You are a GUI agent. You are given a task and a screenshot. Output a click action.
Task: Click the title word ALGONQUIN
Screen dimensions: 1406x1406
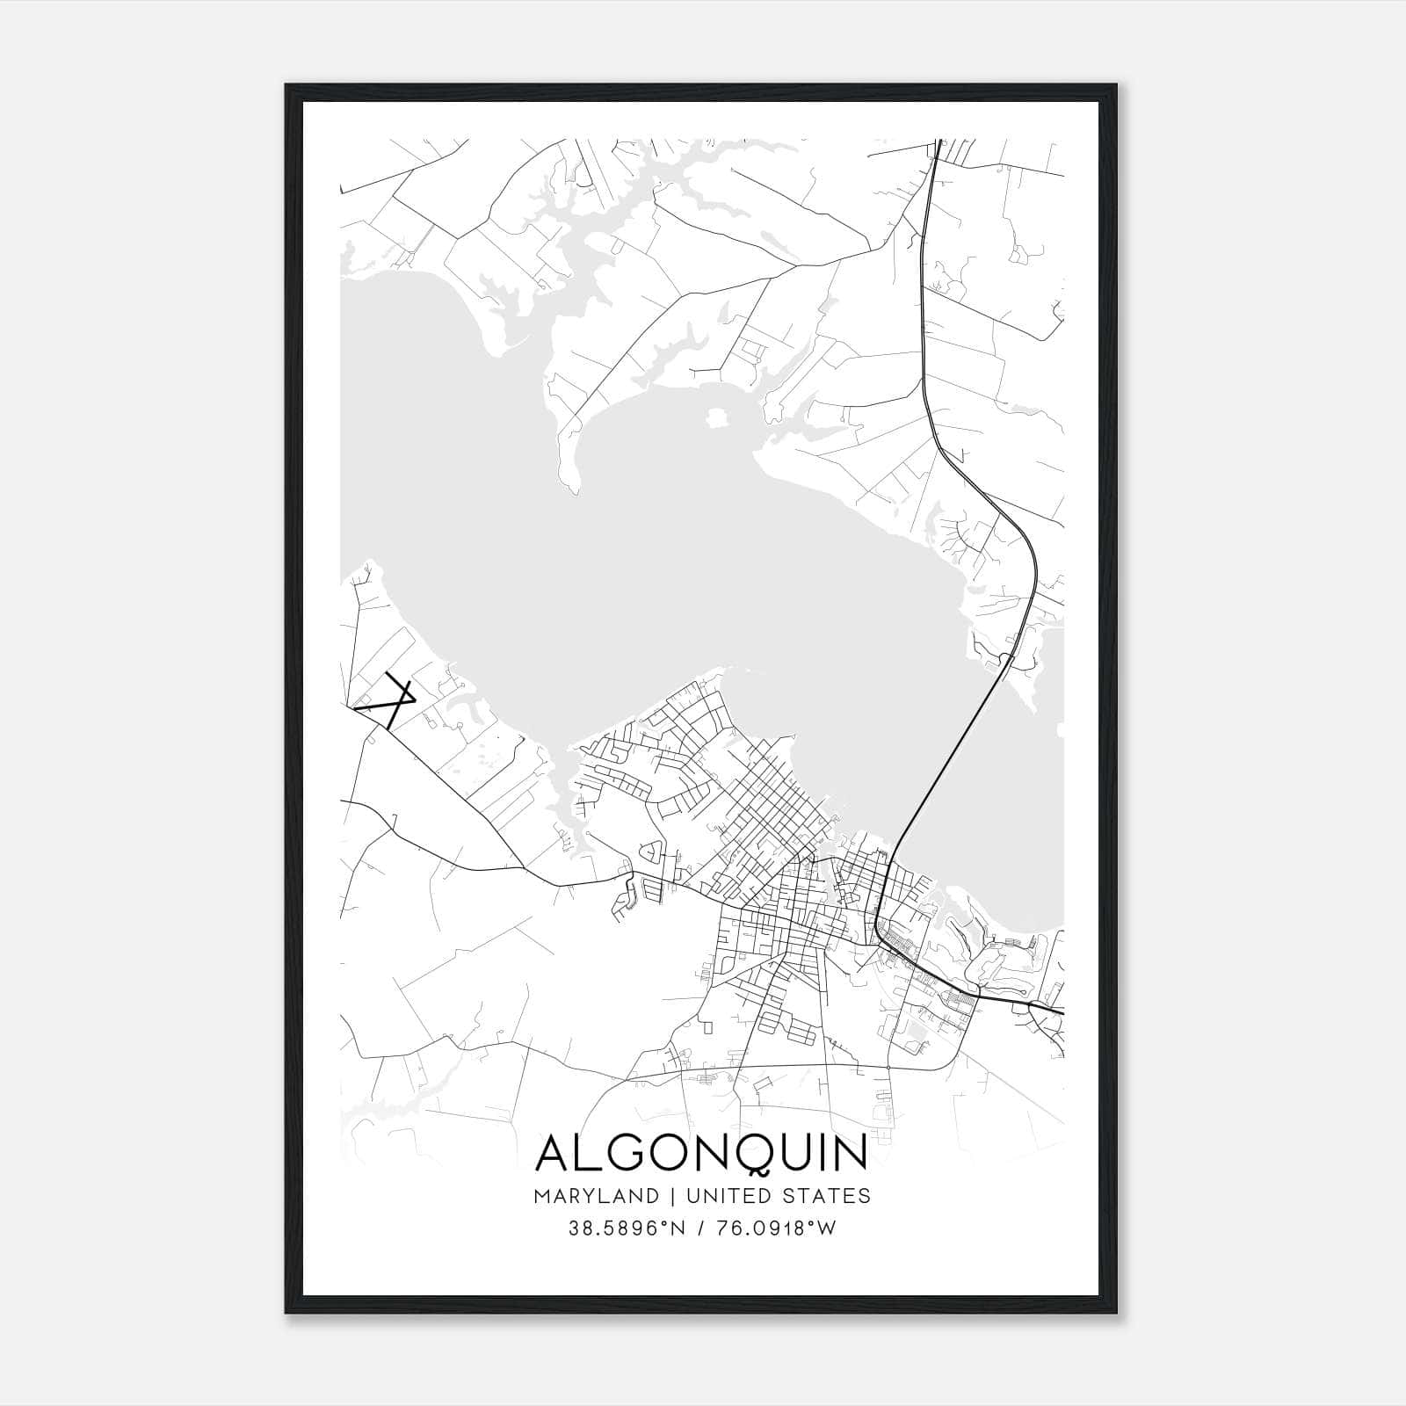click(x=701, y=1153)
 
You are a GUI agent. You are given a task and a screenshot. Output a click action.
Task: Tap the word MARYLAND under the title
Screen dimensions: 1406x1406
click(x=596, y=1196)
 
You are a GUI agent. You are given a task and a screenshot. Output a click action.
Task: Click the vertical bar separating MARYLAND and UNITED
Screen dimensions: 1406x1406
click(x=672, y=1196)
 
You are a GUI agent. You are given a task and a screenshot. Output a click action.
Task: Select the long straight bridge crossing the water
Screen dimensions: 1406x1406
click(x=949, y=756)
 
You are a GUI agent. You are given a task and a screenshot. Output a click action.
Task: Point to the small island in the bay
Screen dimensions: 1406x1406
click(x=718, y=416)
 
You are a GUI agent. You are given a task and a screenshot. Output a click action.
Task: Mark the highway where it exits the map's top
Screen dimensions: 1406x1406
click(x=938, y=142)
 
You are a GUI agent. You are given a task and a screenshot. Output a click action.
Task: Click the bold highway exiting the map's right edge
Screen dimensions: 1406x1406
click(x=1059, y=1011)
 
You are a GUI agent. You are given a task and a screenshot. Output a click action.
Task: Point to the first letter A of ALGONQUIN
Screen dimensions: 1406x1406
click(x=553, y=1153)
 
